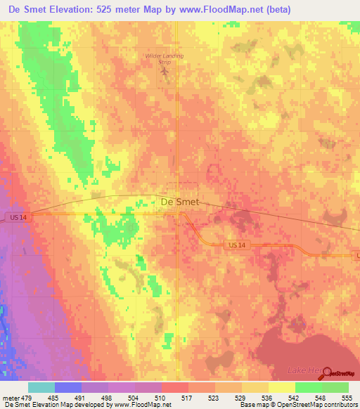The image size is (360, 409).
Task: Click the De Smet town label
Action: (x=180, y=202)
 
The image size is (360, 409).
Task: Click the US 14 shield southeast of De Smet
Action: (x=239, y=245)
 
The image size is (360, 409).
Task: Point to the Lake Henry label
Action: (x=302, y=370)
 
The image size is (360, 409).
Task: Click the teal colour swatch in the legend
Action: (x=41, y=387)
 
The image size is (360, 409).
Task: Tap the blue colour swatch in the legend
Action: (x=68, y=387)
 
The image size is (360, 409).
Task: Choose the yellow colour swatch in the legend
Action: (x=281, y=387)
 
